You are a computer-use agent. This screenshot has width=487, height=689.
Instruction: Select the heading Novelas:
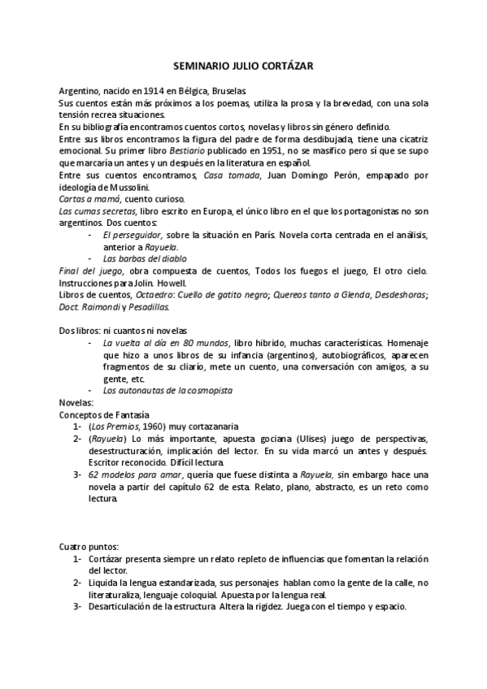[x=77, y=402]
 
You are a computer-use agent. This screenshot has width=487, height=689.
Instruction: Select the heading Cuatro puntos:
[x=89, y=546]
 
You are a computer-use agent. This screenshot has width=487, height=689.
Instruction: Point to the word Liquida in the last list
[x=104, y=583]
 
